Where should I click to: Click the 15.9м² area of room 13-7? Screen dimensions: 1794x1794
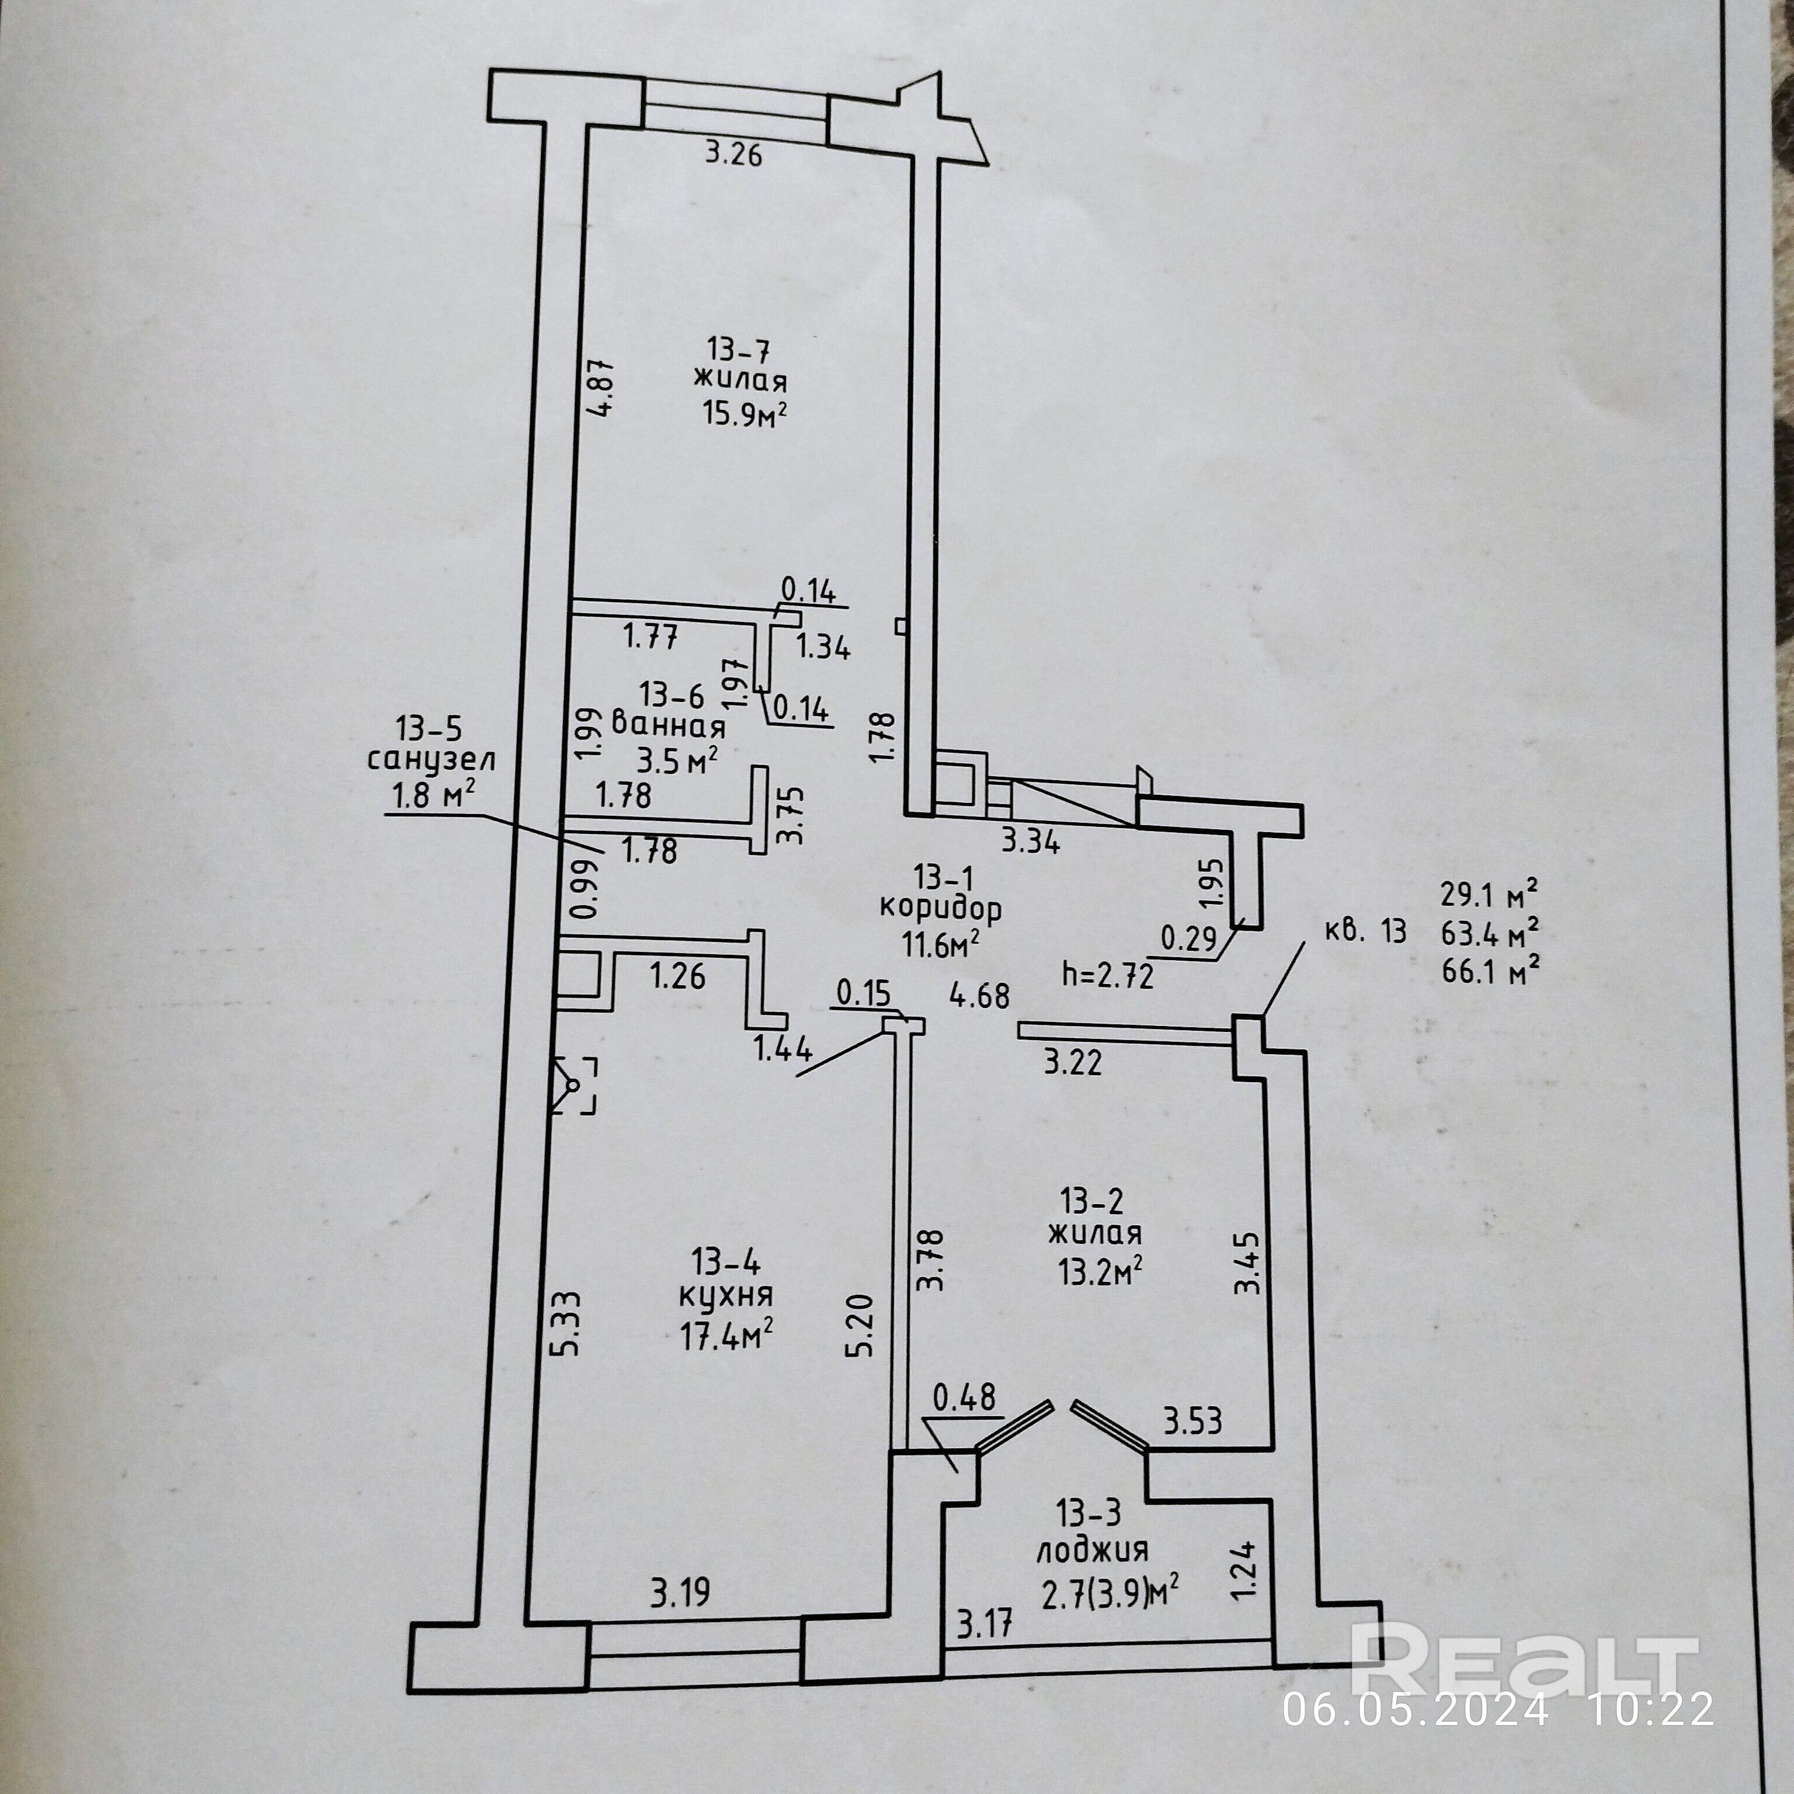point(745,411)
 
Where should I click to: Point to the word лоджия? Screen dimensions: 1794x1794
point(1092,1550)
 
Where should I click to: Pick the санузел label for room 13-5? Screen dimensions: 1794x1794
point(431,760)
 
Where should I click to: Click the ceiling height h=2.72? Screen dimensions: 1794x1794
point(1108,976)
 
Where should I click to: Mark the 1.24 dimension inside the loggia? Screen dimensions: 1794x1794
point(1247,1569)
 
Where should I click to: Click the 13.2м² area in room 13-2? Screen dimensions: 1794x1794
point(1100,1270)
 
